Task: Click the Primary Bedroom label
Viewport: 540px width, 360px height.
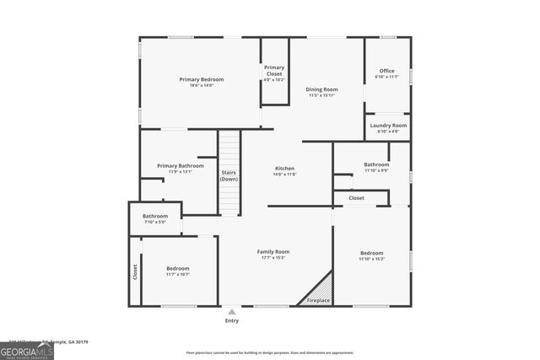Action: pyautogui.click(x=201, y=79)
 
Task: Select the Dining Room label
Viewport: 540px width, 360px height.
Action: pyautogui.click(x=321, y=89)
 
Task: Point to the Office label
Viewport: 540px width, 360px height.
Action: pyautogui.click(x=386, y=71)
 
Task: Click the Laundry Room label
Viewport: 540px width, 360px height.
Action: pyautogui.click(x=388, y=126)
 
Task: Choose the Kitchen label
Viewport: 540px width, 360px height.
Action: pyautogui.click(x=284, y=169)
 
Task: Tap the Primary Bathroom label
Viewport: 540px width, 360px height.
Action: pyautogui.click(x=181, y=166)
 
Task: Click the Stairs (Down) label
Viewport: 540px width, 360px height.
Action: pyautogui.click(x=229, y=175)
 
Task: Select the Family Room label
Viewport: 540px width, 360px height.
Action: pyautogui.click(x=273, y=251)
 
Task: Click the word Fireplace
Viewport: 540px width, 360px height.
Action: pyautogui.click(x=318, y=300)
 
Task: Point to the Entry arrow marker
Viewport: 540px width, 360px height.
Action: pyautogui.click(x=232, y=311)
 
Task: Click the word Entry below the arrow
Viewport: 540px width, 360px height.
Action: pyautogui.click(x=232, y=321)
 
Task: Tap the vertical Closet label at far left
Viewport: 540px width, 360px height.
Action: pyautogui.click(x=134, y=272)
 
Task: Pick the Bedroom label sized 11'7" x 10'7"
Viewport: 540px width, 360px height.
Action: pyautogui.click(x=177, y=269)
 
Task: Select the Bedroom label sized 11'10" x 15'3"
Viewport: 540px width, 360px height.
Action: pyautogui.click(x=372, y=253)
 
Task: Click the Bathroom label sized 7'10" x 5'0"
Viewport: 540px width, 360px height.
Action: pyautogui.click(x=154, y=216)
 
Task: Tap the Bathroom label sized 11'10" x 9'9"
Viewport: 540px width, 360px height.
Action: pyautogui.click(x=376, y=164)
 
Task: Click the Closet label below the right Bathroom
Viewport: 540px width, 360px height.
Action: pyautogui.click(x=356, y=198)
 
